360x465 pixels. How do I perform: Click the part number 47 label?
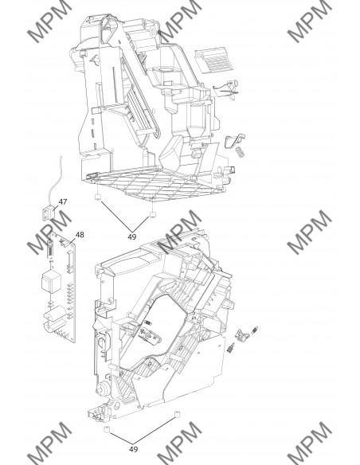(x=62, y=204)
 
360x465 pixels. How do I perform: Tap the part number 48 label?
(x=80, y=235)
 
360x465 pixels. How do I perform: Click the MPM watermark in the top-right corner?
(x=306, y=24)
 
